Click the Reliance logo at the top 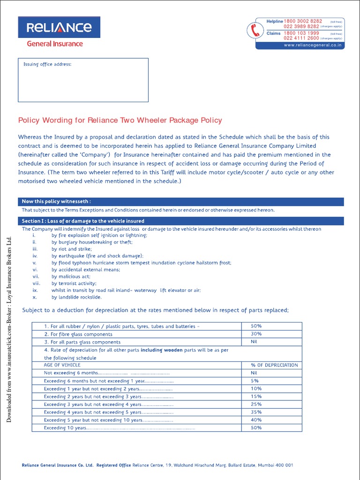[55, 28]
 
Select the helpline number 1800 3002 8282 [303, 22]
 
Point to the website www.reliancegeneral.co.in [313, 45]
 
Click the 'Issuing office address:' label [47, 64]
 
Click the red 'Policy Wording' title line [120, 120]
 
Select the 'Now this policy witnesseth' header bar [180, 202]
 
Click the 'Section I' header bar [180, 221]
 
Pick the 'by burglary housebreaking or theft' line [92, 242]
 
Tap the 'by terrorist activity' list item [74, 284]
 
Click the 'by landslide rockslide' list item [76, 297]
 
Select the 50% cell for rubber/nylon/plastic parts [256, 326]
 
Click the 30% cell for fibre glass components [256, 334]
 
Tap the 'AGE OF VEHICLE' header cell [62, 365]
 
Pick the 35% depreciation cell [256, 412]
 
